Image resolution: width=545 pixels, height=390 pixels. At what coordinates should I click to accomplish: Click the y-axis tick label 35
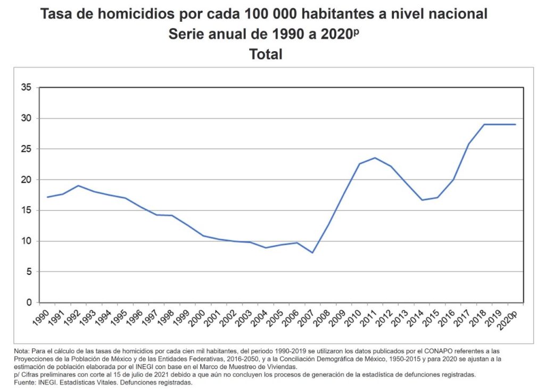26,87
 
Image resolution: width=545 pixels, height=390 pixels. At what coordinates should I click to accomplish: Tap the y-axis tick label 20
26,180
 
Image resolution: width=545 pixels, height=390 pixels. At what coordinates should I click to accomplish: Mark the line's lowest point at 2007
312,253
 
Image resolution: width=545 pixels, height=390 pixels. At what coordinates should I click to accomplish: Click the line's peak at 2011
375,158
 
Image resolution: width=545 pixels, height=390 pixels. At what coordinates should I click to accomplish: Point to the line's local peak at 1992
78,186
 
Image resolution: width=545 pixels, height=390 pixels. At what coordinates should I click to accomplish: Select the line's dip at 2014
422,200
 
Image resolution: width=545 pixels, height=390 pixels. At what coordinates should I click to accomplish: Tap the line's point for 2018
484,124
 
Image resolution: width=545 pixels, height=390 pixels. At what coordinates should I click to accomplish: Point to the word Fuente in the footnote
24,382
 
